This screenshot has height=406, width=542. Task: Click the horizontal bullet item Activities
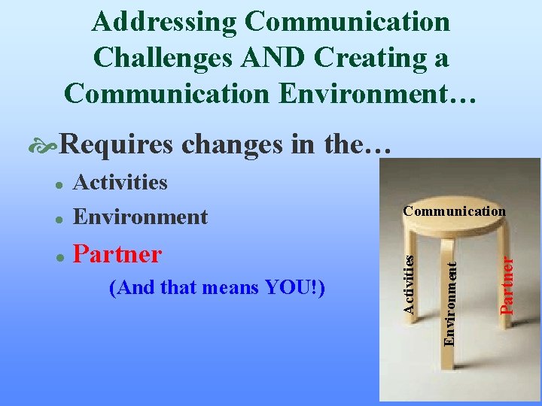pyautogui.click(x=120, y=182)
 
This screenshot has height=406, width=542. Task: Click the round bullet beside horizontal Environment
pyautogui.click(x=55, y=219)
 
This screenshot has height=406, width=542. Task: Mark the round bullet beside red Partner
pyautogui.click(x=55, y=256)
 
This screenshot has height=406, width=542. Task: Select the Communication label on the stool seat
pyautogui.click(x=454, y=211)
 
